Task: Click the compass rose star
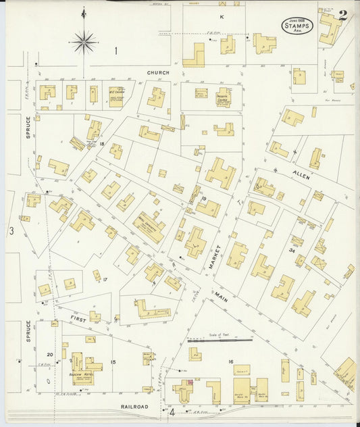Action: click(84, 42)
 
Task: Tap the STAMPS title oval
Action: click(297, 24)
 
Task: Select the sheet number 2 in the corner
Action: click(343, 16)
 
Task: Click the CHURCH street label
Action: click(159, 72)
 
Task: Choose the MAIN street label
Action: click(221, 295)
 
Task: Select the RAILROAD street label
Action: click(134, 407)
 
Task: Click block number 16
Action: click(230, 363)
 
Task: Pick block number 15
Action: click(113, 363)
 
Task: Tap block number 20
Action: click(49, 355)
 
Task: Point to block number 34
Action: click(292, 251)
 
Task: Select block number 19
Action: click(203, 198)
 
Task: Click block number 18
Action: click(102, 144)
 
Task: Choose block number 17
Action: click(105, 279)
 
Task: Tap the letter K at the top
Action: click(221, 16)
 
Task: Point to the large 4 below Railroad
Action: click(172, 411)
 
